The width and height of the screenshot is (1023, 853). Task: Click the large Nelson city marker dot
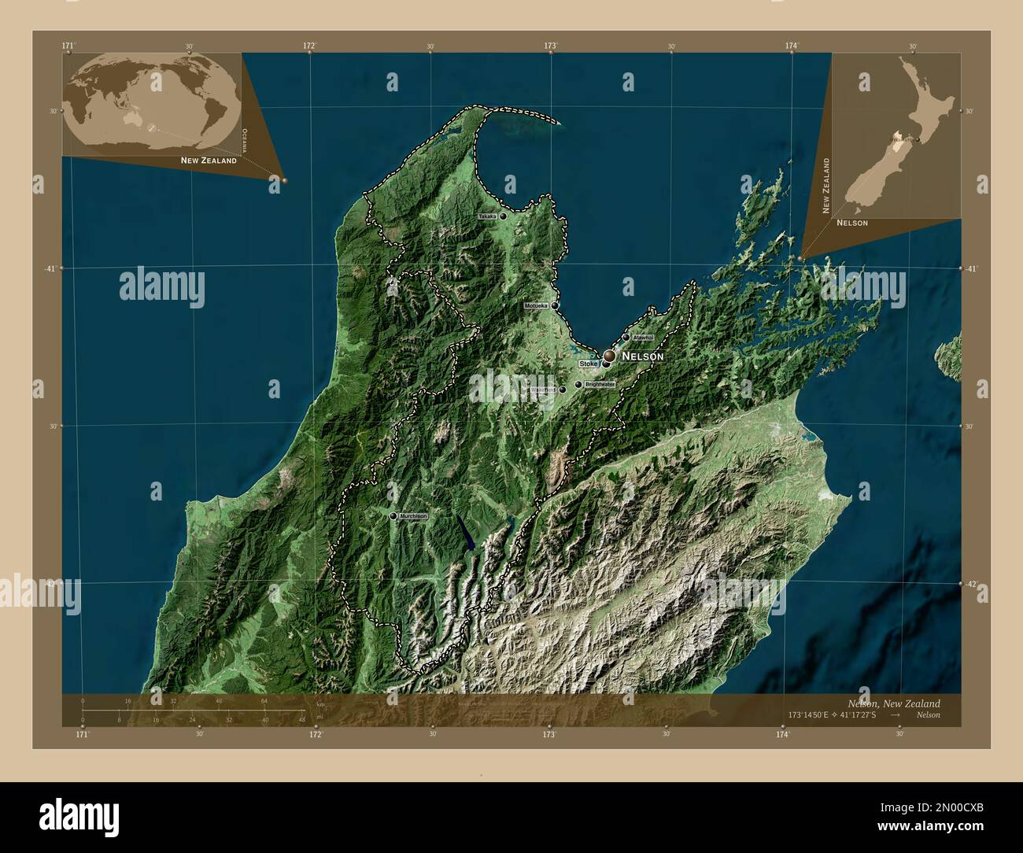pos(609,356)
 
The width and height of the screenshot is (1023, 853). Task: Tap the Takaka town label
pos(487,216)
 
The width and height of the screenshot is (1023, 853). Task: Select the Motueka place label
pos(536,305)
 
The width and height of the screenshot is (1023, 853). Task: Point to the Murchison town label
pos(412,516)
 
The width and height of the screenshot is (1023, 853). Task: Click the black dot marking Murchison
pos(393,516)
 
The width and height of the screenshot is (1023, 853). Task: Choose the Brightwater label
pos(600,384)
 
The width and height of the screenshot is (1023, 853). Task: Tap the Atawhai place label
pos(643,338)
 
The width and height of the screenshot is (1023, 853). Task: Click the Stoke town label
pos(589,364)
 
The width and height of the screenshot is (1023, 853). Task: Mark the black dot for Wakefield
pos(562,390)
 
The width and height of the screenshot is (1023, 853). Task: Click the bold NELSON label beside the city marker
pos(643,356)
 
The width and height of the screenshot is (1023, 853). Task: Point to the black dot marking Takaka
pos(503,216)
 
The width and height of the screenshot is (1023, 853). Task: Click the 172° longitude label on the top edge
pos(310,46)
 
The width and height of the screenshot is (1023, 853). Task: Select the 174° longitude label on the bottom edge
pos(782,734)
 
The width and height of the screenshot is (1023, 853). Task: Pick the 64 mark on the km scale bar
pos(265,700)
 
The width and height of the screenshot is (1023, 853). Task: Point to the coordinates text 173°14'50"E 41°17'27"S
pos(835,715)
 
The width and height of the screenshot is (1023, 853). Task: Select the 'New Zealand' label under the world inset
pos(209,161)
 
